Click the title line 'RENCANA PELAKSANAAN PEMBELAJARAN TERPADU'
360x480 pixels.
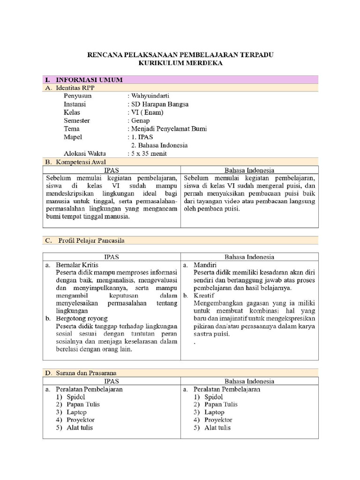(x=180, y=55)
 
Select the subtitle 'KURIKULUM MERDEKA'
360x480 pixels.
(x=180, y=63)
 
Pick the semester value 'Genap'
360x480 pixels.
(x=141, y=120)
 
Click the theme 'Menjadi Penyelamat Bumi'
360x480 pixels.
(x=169, y=128)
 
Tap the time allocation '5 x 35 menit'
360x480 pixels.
(x=149, y=153)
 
